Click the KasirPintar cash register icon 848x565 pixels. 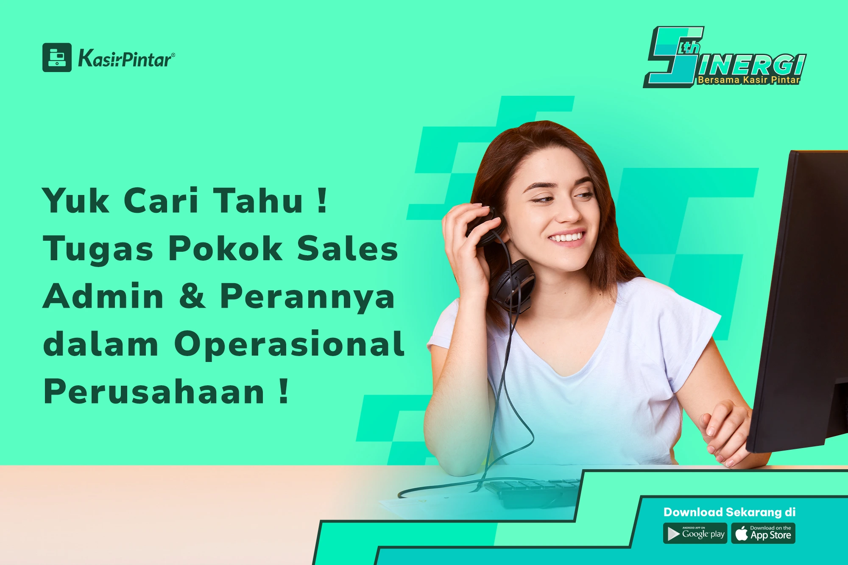click(x=57, y=57)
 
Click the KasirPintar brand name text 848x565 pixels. click(x=126, y=58)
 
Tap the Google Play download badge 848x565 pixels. click(x=695, y=533)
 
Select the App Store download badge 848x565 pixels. click(x=763, y=533)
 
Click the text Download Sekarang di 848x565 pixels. click(x=729, y=512)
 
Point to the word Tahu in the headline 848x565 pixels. click(x=258, y=200)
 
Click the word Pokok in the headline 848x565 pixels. click(x=226, y=248)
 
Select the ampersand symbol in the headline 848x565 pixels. click(x=192, y=296)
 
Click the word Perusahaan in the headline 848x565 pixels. click(x=154, y=392)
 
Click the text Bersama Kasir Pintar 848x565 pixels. click(x=749, y=80)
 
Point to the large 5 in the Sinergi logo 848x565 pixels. click(x=674, y=57)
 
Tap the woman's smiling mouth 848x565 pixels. click(x=567, y=237)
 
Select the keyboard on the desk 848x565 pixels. click(x=532, y=492)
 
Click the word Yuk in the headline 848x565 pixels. click(x=75, y=200)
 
